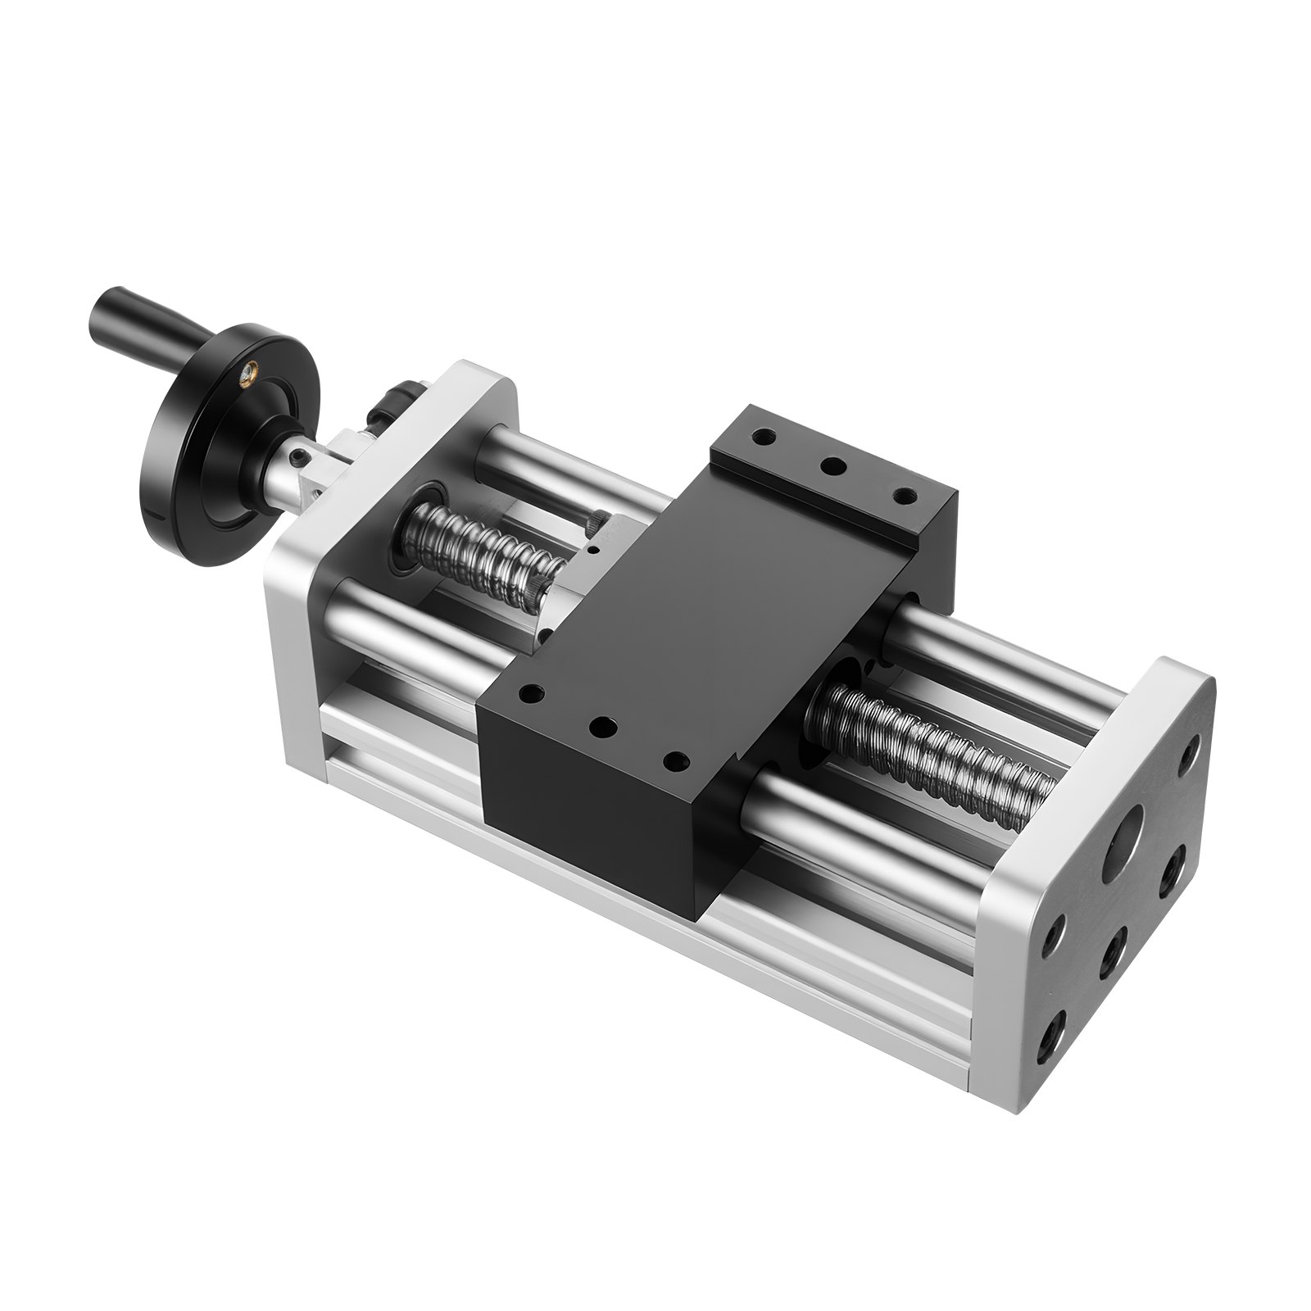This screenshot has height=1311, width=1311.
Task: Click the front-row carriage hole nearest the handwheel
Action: (x=534, y=694)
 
